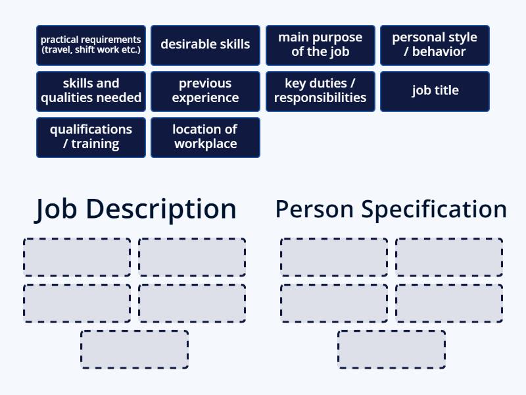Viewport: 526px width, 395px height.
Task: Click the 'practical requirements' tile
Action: pos(91,45)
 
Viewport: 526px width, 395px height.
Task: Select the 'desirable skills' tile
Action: pos(205,45)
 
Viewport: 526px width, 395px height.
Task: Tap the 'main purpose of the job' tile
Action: pos(320,45)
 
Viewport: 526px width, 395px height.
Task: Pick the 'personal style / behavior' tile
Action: pos(435,45)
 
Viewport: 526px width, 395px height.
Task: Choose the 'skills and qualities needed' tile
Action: pos(91,91)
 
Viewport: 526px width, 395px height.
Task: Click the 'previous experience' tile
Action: pos(205,91)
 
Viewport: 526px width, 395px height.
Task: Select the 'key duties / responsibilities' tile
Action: pos(320,91)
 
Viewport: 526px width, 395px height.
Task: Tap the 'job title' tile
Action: pos(435,91)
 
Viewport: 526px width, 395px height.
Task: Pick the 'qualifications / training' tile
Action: pos(91,137)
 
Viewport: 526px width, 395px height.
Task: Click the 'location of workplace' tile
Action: pos(205,137)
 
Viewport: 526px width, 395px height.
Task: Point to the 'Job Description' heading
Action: pos(135,209)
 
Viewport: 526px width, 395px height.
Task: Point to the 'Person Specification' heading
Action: pos(391,209)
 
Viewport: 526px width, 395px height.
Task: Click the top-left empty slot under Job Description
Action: pos(77,257)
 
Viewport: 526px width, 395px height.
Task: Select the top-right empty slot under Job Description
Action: pos(192,257)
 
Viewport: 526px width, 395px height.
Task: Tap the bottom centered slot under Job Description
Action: pos(135,350)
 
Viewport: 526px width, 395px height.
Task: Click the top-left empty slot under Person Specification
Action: pos(334,257)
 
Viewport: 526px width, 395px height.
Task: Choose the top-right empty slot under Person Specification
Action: pos(449,257)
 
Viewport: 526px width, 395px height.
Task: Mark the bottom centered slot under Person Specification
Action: pos(392,350)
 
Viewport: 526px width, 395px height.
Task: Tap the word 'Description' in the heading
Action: pos(161,209)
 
